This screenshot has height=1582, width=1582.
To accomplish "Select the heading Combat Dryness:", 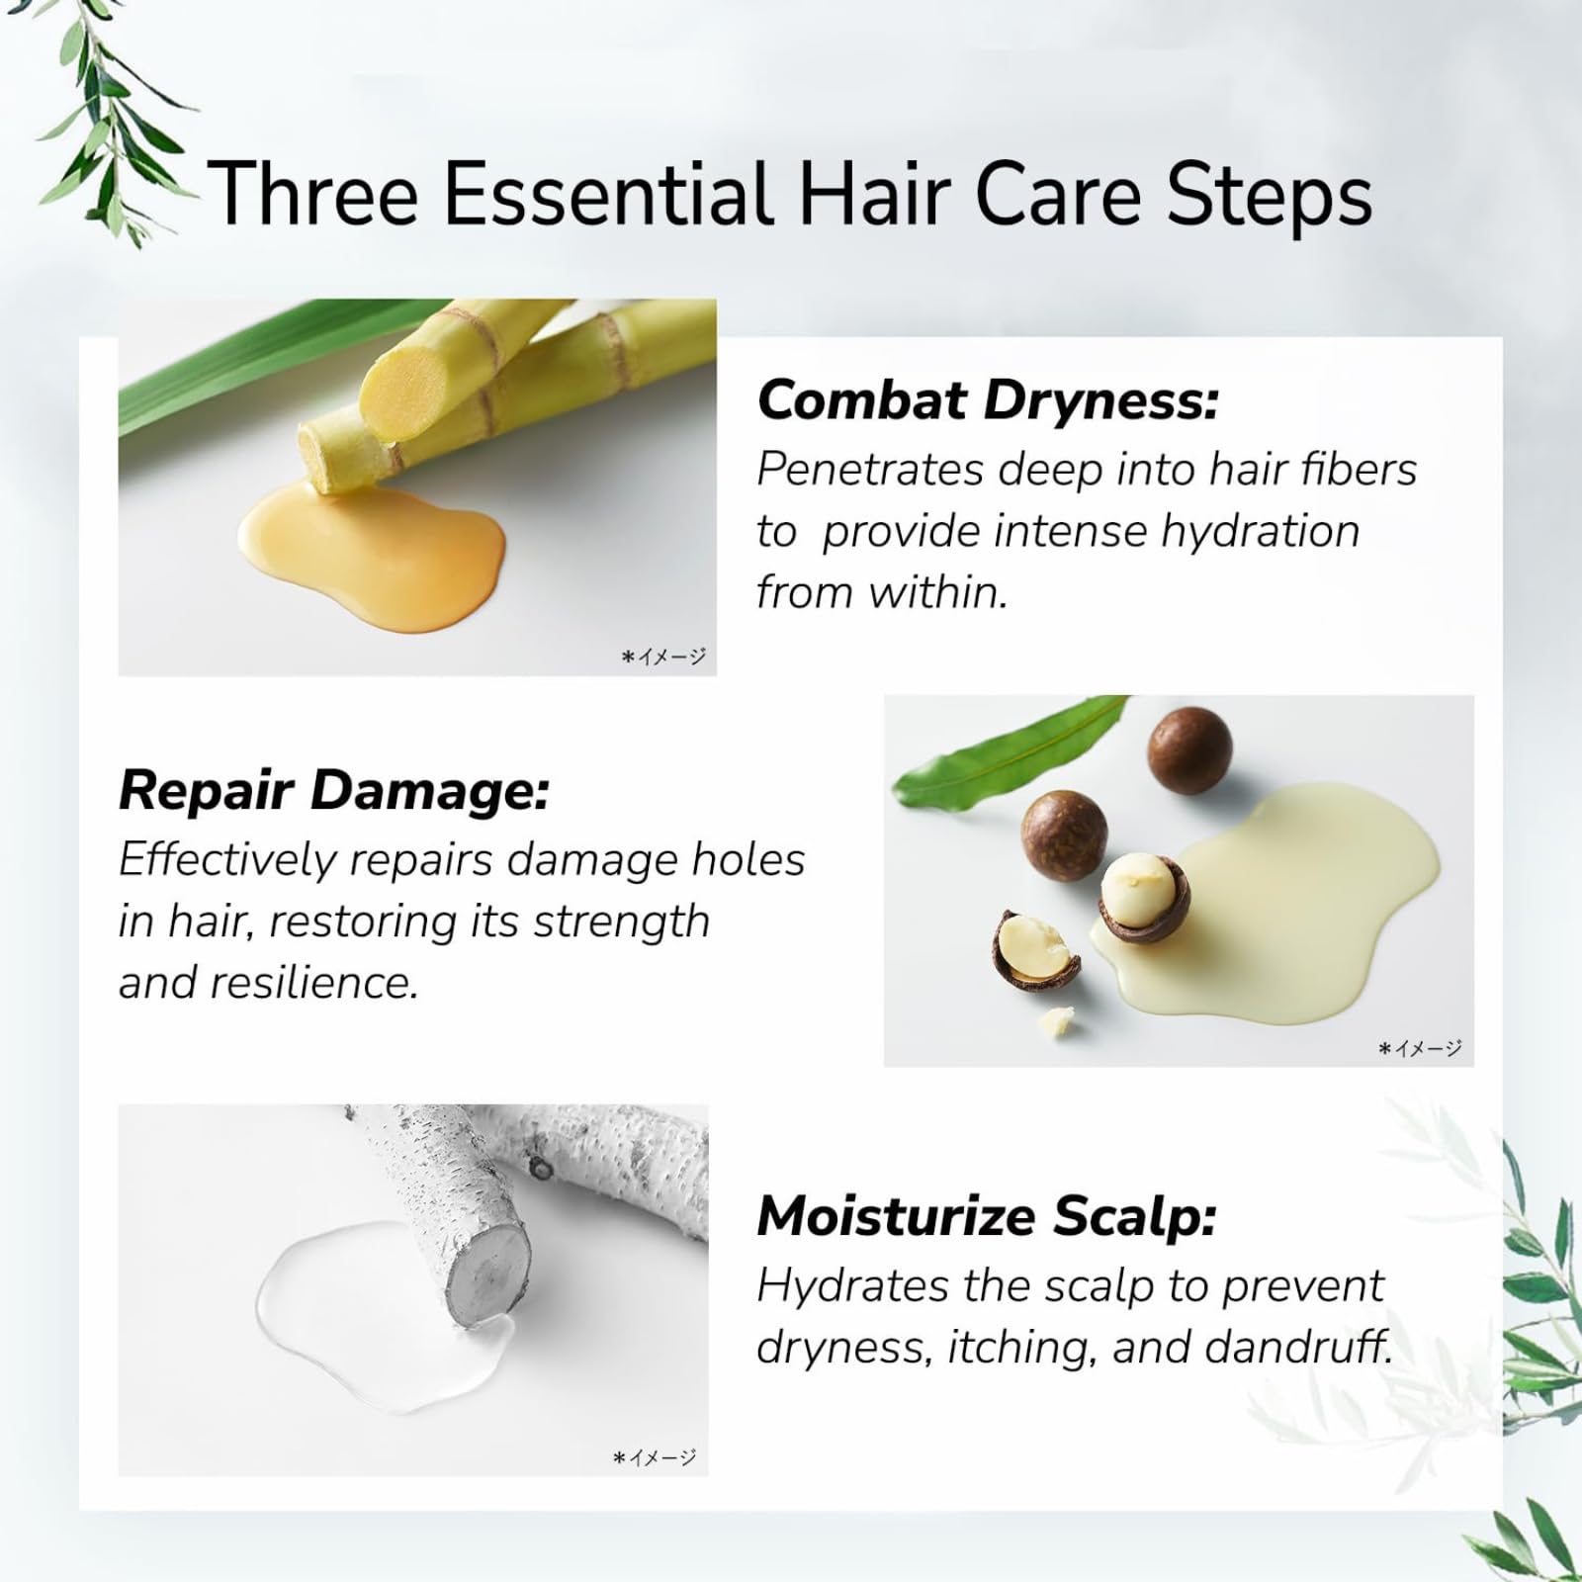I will pos(988,400).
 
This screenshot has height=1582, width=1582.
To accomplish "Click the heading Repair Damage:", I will pos(333,791).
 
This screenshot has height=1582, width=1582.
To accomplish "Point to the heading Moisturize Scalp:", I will pos(986,1216).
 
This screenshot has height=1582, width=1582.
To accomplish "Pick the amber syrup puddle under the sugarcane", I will pos(376,544).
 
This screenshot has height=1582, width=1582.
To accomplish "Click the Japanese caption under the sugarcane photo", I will pos(663,656).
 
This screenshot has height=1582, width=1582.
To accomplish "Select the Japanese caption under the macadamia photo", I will pos(1420,1048).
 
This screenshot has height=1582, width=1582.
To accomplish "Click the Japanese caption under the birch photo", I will pos(655,1456).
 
